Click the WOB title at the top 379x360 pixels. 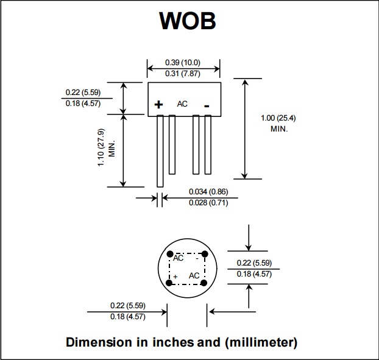(187, 21)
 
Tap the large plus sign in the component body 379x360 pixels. (158, 105)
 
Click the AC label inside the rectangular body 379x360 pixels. (182, 104)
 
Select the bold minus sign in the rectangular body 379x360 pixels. (207, 106)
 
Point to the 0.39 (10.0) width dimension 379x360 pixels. (183, 63)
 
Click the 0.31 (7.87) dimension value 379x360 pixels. (183, 73)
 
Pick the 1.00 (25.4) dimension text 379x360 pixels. (278, 118)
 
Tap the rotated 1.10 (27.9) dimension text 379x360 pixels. (101, 147)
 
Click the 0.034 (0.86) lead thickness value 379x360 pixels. (208, 192)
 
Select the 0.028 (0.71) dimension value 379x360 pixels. (208, 202)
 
